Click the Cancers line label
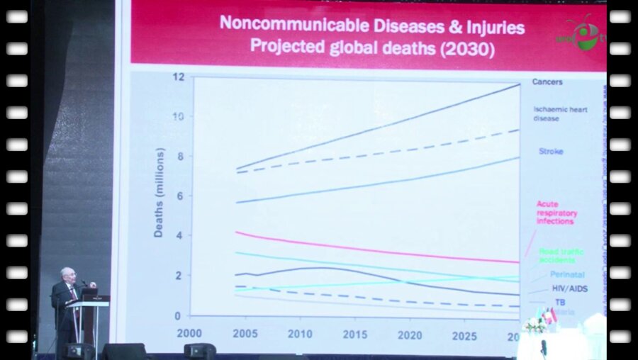(547, 82)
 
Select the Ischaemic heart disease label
(556, 113)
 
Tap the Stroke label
(551, 152)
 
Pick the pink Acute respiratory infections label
(556, 213)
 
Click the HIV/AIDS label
(569, 289)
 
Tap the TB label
(560, 302)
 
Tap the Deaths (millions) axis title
(159, 193)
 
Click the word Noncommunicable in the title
(281, 25)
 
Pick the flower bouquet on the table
(533, 324)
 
